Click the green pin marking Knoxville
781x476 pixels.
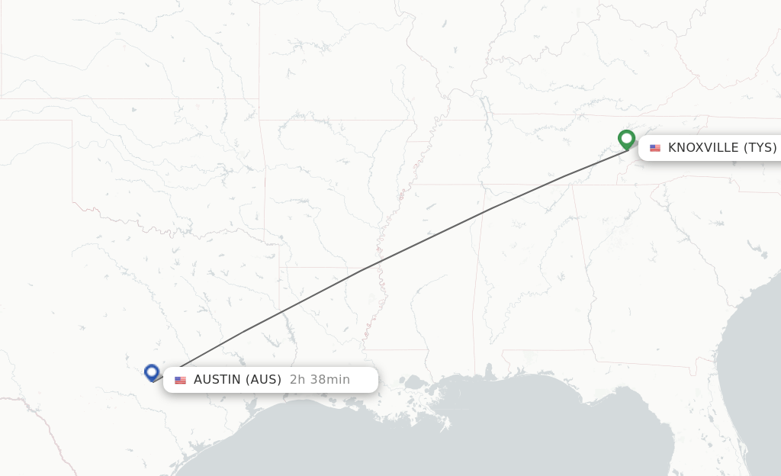(x=626, y=140)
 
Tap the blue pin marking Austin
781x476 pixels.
(x=151, y=372)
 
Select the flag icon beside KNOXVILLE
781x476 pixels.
(x=655, y=148)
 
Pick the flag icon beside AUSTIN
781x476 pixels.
(x=181, y=380)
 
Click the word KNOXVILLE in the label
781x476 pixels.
(x=703, y=148)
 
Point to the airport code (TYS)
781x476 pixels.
(x=760, y=148)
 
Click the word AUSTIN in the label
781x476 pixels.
(x=217, y=380)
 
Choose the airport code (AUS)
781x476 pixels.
(x=264, y=380)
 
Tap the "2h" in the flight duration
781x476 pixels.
(x=297, y=380)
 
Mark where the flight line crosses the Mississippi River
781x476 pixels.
(x=379, y=261)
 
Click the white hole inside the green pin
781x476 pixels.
(x=626, y=138)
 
